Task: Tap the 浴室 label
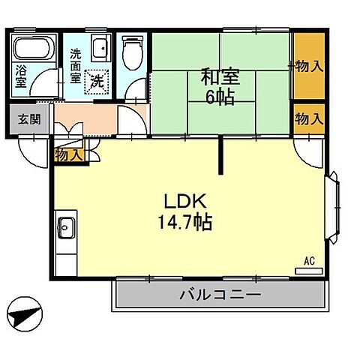[x=22, y=78]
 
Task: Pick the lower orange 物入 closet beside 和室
[x=308, y=118]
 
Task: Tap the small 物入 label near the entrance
[x=69, y=154]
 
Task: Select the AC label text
[x=308, y=261]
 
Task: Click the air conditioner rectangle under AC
[x=307, y=271]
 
